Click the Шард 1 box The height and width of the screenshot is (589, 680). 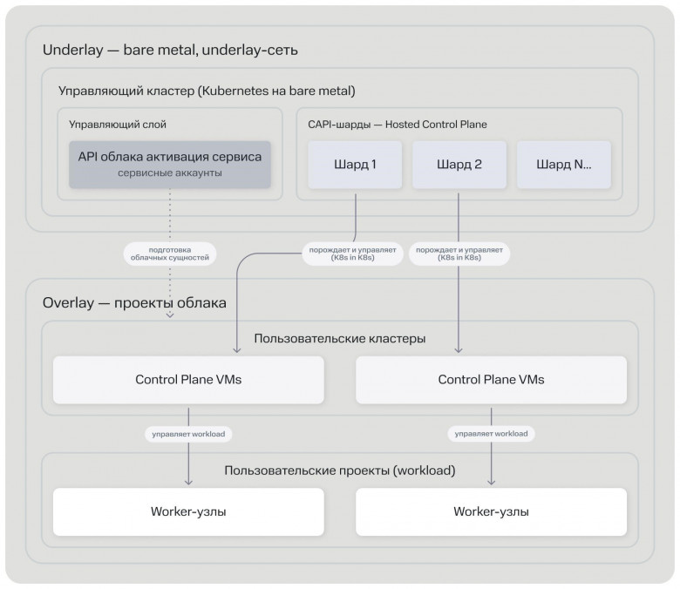(x=355, y=165)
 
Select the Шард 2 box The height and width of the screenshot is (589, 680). (x=459, y=165)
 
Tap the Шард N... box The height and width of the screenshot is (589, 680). (x=564, y=165)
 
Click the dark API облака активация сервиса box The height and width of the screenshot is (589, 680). (x=170, y=165)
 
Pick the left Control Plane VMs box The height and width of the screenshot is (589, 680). (x=188, y=380)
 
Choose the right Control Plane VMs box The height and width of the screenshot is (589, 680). (x=492, y=380)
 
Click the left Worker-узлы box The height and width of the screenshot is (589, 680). (x=188, y=511)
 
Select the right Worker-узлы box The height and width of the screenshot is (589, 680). (x=492, y=511)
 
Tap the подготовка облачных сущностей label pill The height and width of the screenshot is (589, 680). (x=170, y=254)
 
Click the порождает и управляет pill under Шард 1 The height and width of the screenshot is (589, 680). (x=352, y=254)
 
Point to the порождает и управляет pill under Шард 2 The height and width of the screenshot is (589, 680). (x=459, y=254)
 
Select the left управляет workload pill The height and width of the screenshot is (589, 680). (x=188, y=434)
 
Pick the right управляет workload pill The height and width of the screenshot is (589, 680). (x=492, y=434)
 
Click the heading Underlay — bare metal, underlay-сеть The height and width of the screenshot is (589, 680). (x=170, y=51)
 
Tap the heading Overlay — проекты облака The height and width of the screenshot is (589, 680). (x=134, y=303)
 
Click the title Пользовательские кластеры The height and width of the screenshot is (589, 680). (x=340, y=338)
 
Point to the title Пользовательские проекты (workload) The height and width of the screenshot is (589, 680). (x=340, y=471)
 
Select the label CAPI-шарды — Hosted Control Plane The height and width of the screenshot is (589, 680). (x=398, y=125)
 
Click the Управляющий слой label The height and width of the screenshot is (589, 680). (x=118, y=125)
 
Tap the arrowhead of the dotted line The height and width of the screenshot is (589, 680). (x=170, y=315)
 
